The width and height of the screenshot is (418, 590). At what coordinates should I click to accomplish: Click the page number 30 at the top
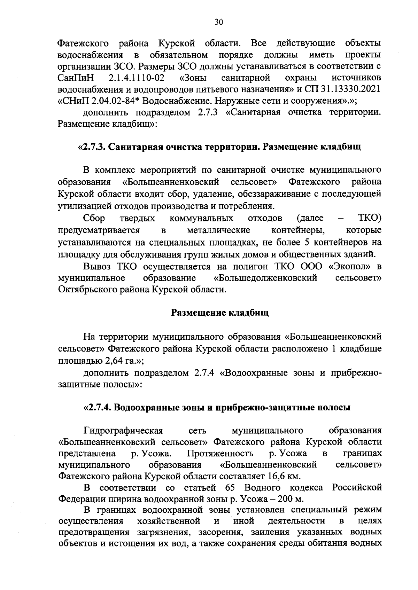pos(218,22)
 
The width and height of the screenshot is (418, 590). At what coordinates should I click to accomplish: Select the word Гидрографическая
pos(123,430)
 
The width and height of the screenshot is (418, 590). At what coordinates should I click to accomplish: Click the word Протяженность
pos(220,453)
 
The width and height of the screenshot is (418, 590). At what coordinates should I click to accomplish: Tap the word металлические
pos(218,230)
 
